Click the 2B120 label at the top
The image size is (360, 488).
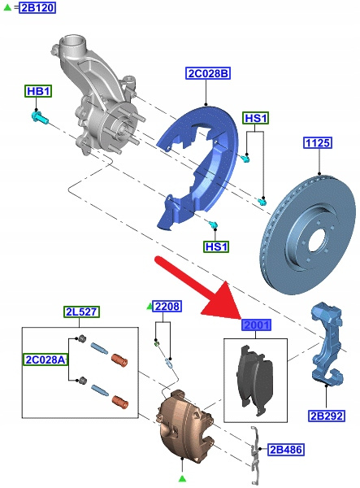coord(37,7)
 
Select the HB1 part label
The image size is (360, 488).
coord(38,91)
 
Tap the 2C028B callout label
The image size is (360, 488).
coord(208,73)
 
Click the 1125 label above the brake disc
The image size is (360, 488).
coord(318,143)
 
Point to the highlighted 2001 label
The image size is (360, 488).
coord(257,325)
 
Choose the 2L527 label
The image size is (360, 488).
coord(82,312)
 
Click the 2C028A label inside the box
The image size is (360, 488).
coord(46,359)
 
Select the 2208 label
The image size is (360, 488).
coord(167,307)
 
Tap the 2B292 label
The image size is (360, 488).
coord(327,416)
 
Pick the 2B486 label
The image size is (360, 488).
coord(286,450)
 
